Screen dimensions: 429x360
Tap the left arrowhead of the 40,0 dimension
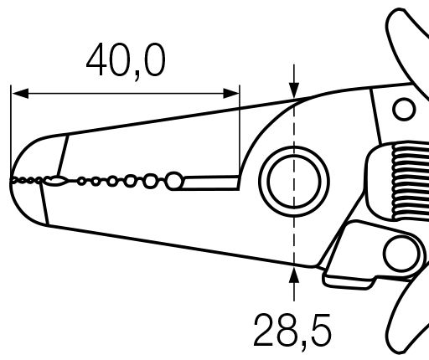20,94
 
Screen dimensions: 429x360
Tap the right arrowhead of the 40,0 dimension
231,94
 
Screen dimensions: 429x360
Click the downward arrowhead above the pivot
294,90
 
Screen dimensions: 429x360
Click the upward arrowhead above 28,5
294,275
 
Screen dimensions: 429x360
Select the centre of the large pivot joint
294,182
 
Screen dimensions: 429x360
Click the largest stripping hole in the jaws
174,181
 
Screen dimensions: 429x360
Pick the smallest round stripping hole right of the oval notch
81,182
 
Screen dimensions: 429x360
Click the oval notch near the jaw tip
56,181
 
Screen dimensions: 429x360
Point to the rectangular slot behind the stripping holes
210,183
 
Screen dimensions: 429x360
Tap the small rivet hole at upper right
404,109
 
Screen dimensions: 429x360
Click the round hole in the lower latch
401,254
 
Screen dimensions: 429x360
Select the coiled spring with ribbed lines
410,181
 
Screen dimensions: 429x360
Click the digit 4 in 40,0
96,59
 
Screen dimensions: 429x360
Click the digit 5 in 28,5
321,330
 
